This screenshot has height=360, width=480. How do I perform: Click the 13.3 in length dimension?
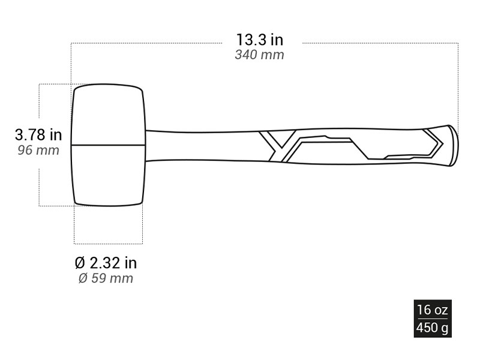click(x=260, y=40)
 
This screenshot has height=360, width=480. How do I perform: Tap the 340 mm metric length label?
click(x=259, y=55)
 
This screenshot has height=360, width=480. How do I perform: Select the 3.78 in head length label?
click(x=38, y=134)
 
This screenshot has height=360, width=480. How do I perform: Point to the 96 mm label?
click(x=38, y=151)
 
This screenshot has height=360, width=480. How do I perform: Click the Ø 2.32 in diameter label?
click(x=106, y=263)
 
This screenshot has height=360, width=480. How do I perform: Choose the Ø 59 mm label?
click(x=106, y=278)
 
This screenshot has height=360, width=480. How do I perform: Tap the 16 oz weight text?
click(x=433, y=310)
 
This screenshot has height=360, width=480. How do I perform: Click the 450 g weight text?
click(x=432, y=328)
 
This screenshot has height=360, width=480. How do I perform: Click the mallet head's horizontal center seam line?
click(x=108, y=145)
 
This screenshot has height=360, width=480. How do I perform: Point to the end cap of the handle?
click(x=453, y=146)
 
